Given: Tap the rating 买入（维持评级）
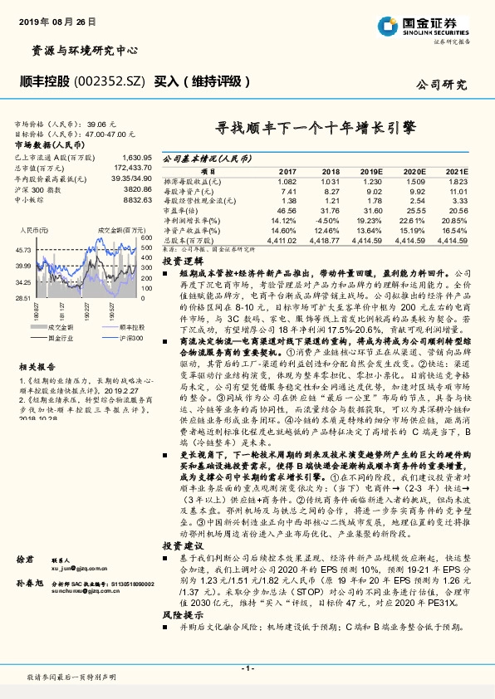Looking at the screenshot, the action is click(203, 81).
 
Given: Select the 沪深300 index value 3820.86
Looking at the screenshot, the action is click(136, 188).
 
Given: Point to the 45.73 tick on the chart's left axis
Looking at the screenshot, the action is click(22, 250).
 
